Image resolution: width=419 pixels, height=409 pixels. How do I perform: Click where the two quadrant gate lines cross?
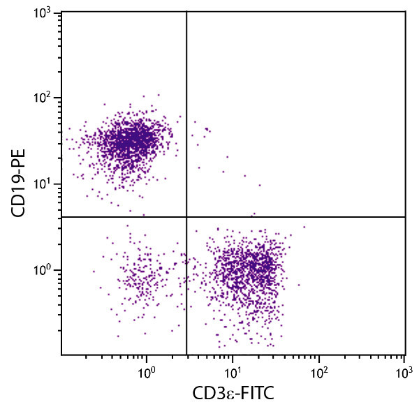coord(186,217)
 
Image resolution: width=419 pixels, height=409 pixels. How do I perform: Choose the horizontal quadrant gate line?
coord(300,217)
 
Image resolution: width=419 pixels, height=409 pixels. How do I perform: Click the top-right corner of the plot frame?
coord(406,10)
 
